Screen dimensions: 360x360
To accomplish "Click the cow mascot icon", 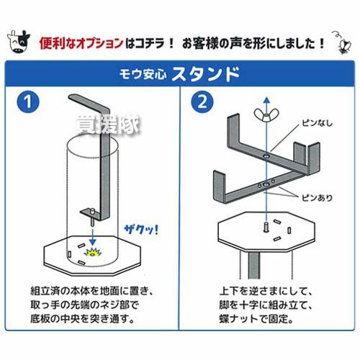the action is (19, 41).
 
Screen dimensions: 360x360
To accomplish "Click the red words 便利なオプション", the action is (81, 43).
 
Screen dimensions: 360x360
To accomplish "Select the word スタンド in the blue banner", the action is (206, 74).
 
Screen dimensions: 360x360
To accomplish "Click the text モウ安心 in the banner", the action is (143, 74).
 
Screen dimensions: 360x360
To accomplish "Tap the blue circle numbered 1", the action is (28, 102).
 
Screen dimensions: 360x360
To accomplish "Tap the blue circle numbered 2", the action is (202, 102).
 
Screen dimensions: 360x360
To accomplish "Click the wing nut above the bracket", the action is (266, 115).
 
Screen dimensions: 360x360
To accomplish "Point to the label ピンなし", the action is (317, 123).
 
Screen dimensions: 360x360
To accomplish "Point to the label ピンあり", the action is (317, 198).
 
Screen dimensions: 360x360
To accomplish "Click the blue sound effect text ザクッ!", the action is (142, 230).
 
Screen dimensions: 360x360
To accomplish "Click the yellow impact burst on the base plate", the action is (92, 252).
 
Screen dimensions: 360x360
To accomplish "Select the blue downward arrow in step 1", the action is (92, 236).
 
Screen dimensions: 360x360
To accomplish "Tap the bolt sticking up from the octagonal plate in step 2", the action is (266, 227).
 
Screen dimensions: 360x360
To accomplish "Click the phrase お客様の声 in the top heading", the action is (212, 43).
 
